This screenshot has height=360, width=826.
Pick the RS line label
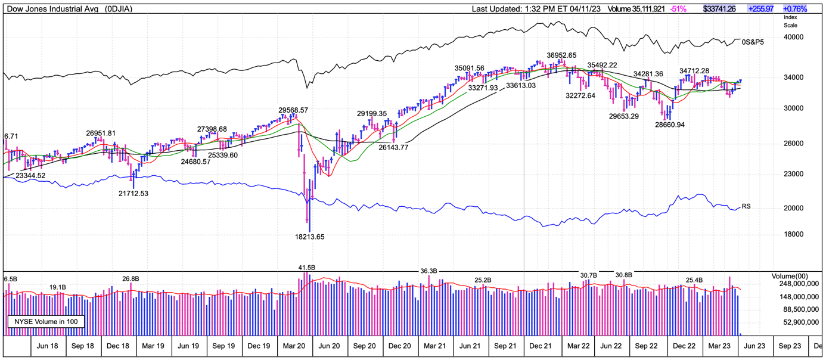tap(746, 206)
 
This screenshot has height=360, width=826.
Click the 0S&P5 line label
tap(753, 42)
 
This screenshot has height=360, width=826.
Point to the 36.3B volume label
tap(429, 271)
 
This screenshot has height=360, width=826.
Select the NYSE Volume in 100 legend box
tap(45, 322)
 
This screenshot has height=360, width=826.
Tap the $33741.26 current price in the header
tap(719, 9)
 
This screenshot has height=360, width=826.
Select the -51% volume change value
tap(678, 9)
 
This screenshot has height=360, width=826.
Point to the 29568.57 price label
tap(293, 110)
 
